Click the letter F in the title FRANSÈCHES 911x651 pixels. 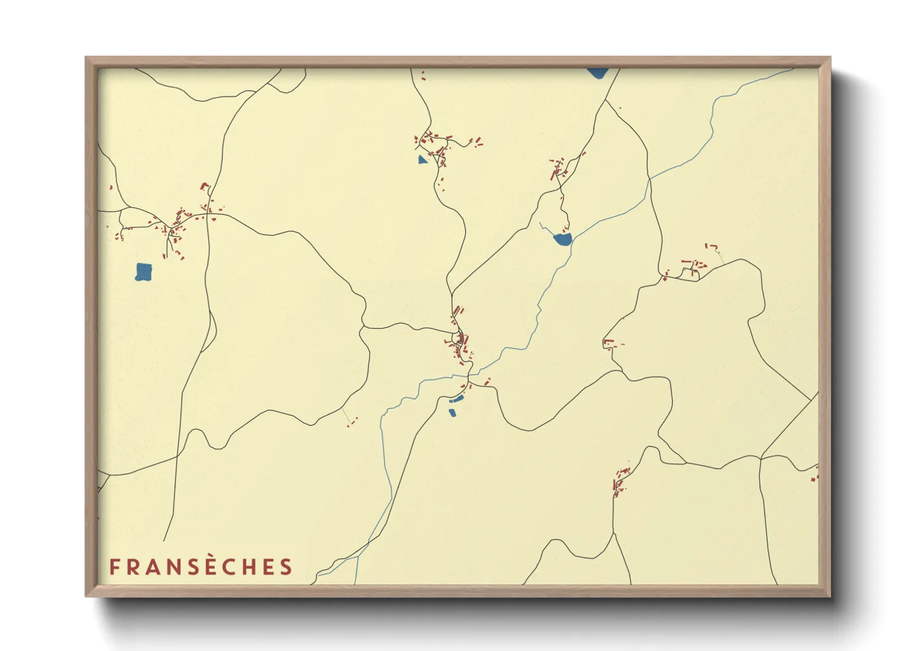point(114,567)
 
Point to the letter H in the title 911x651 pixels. point(249,567)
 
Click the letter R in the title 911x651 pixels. point(131,567)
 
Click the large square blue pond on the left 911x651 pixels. point(143,271)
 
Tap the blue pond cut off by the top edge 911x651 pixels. point(597,73)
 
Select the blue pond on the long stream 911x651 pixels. point(563,239)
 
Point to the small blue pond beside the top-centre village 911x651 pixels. point(422,160)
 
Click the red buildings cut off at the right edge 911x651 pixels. point(815,474)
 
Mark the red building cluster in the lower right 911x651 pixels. point(620,481)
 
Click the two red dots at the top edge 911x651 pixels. point(422,76)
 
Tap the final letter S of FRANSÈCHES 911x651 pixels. point(286,567)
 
